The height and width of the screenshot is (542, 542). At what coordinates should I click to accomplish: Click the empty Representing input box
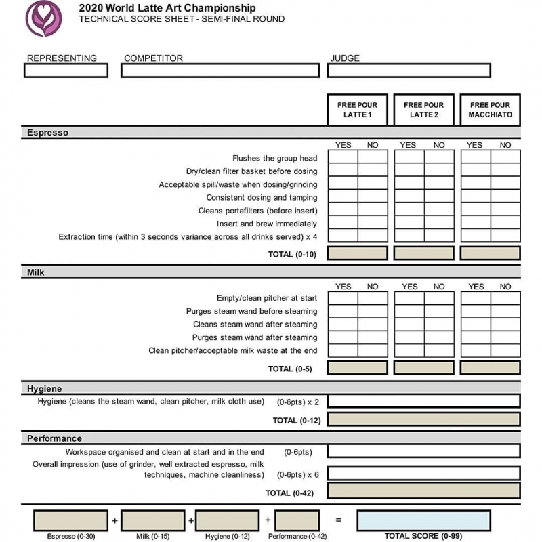66,70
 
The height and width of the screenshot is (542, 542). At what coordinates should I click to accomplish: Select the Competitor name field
220,70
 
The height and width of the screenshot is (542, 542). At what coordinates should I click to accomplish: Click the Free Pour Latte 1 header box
357,110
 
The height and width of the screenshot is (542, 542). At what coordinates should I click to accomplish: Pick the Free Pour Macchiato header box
490,110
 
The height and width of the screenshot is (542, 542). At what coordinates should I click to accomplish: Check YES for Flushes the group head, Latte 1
343,158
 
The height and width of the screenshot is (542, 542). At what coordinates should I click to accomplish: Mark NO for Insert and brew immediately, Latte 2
439,223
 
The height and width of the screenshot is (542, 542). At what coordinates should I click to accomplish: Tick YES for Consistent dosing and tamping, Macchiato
476,197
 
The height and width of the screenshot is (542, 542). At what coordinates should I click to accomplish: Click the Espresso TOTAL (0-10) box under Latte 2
423,253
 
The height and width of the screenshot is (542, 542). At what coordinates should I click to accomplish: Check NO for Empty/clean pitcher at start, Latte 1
373,299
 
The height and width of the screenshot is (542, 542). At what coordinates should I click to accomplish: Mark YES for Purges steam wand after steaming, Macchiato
476,337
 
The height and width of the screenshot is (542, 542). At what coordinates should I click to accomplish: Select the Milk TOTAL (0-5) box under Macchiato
490,368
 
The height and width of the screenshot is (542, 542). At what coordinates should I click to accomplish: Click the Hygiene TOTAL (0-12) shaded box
423,419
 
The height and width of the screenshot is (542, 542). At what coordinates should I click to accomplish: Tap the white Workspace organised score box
423,451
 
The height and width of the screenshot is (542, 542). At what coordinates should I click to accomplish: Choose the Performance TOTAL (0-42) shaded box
423,491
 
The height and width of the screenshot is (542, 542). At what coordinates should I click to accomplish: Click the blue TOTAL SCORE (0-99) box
423,520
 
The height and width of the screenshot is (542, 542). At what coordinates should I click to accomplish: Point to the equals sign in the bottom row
338,520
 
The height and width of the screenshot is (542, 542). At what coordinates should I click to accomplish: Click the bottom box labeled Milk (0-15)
151,520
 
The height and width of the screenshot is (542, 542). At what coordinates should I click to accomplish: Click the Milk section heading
36,272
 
